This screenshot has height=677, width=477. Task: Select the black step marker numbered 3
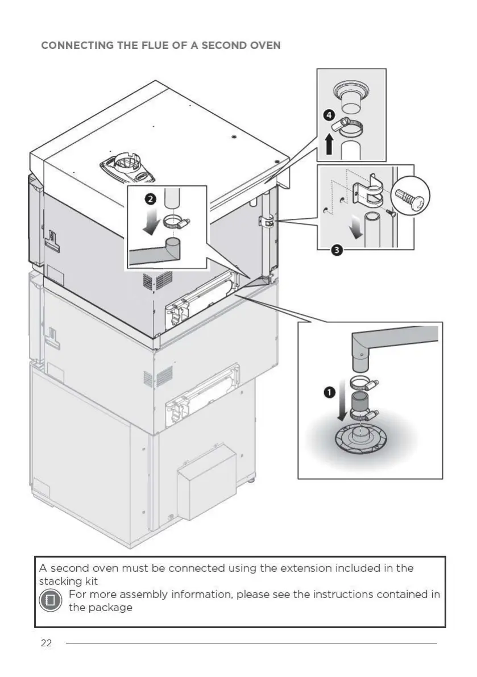point(336,251)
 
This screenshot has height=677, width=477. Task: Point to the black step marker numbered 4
point(329,115)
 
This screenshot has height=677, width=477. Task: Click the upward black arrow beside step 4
point(329,144)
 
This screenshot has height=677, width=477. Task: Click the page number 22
point(46,643)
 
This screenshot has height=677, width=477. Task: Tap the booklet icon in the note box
point(50,600)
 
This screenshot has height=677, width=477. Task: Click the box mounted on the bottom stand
point(206,481)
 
